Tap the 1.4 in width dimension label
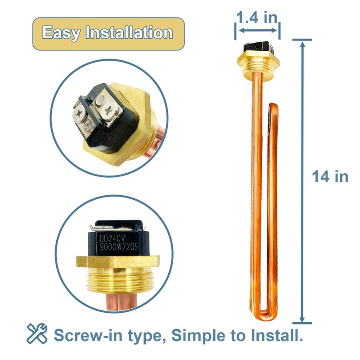click(x=257, y=18)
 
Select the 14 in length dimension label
click(x=330, y=176)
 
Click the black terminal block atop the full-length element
click(x=255, y=47)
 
